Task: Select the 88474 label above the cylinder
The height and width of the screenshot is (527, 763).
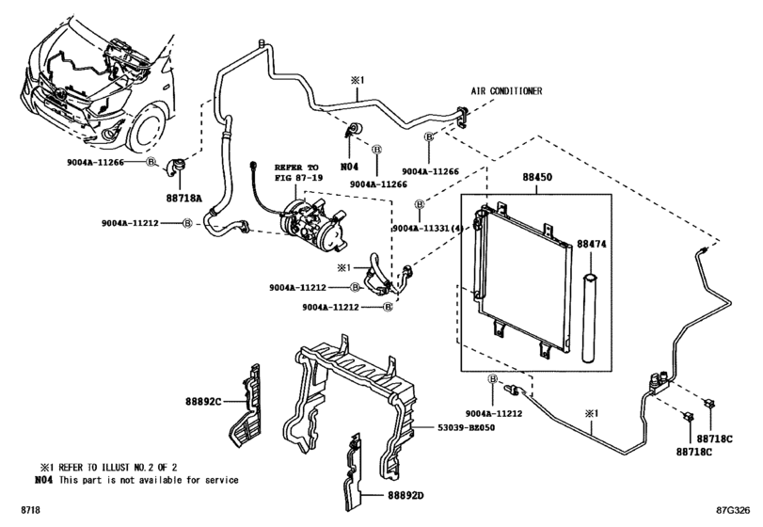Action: tap(590, 243)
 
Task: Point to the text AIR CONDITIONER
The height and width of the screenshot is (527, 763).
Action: tap(507, 92)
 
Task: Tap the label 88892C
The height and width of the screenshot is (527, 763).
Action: tap(202, 402)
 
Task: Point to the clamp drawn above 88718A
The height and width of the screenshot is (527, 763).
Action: tap(175, 168)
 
